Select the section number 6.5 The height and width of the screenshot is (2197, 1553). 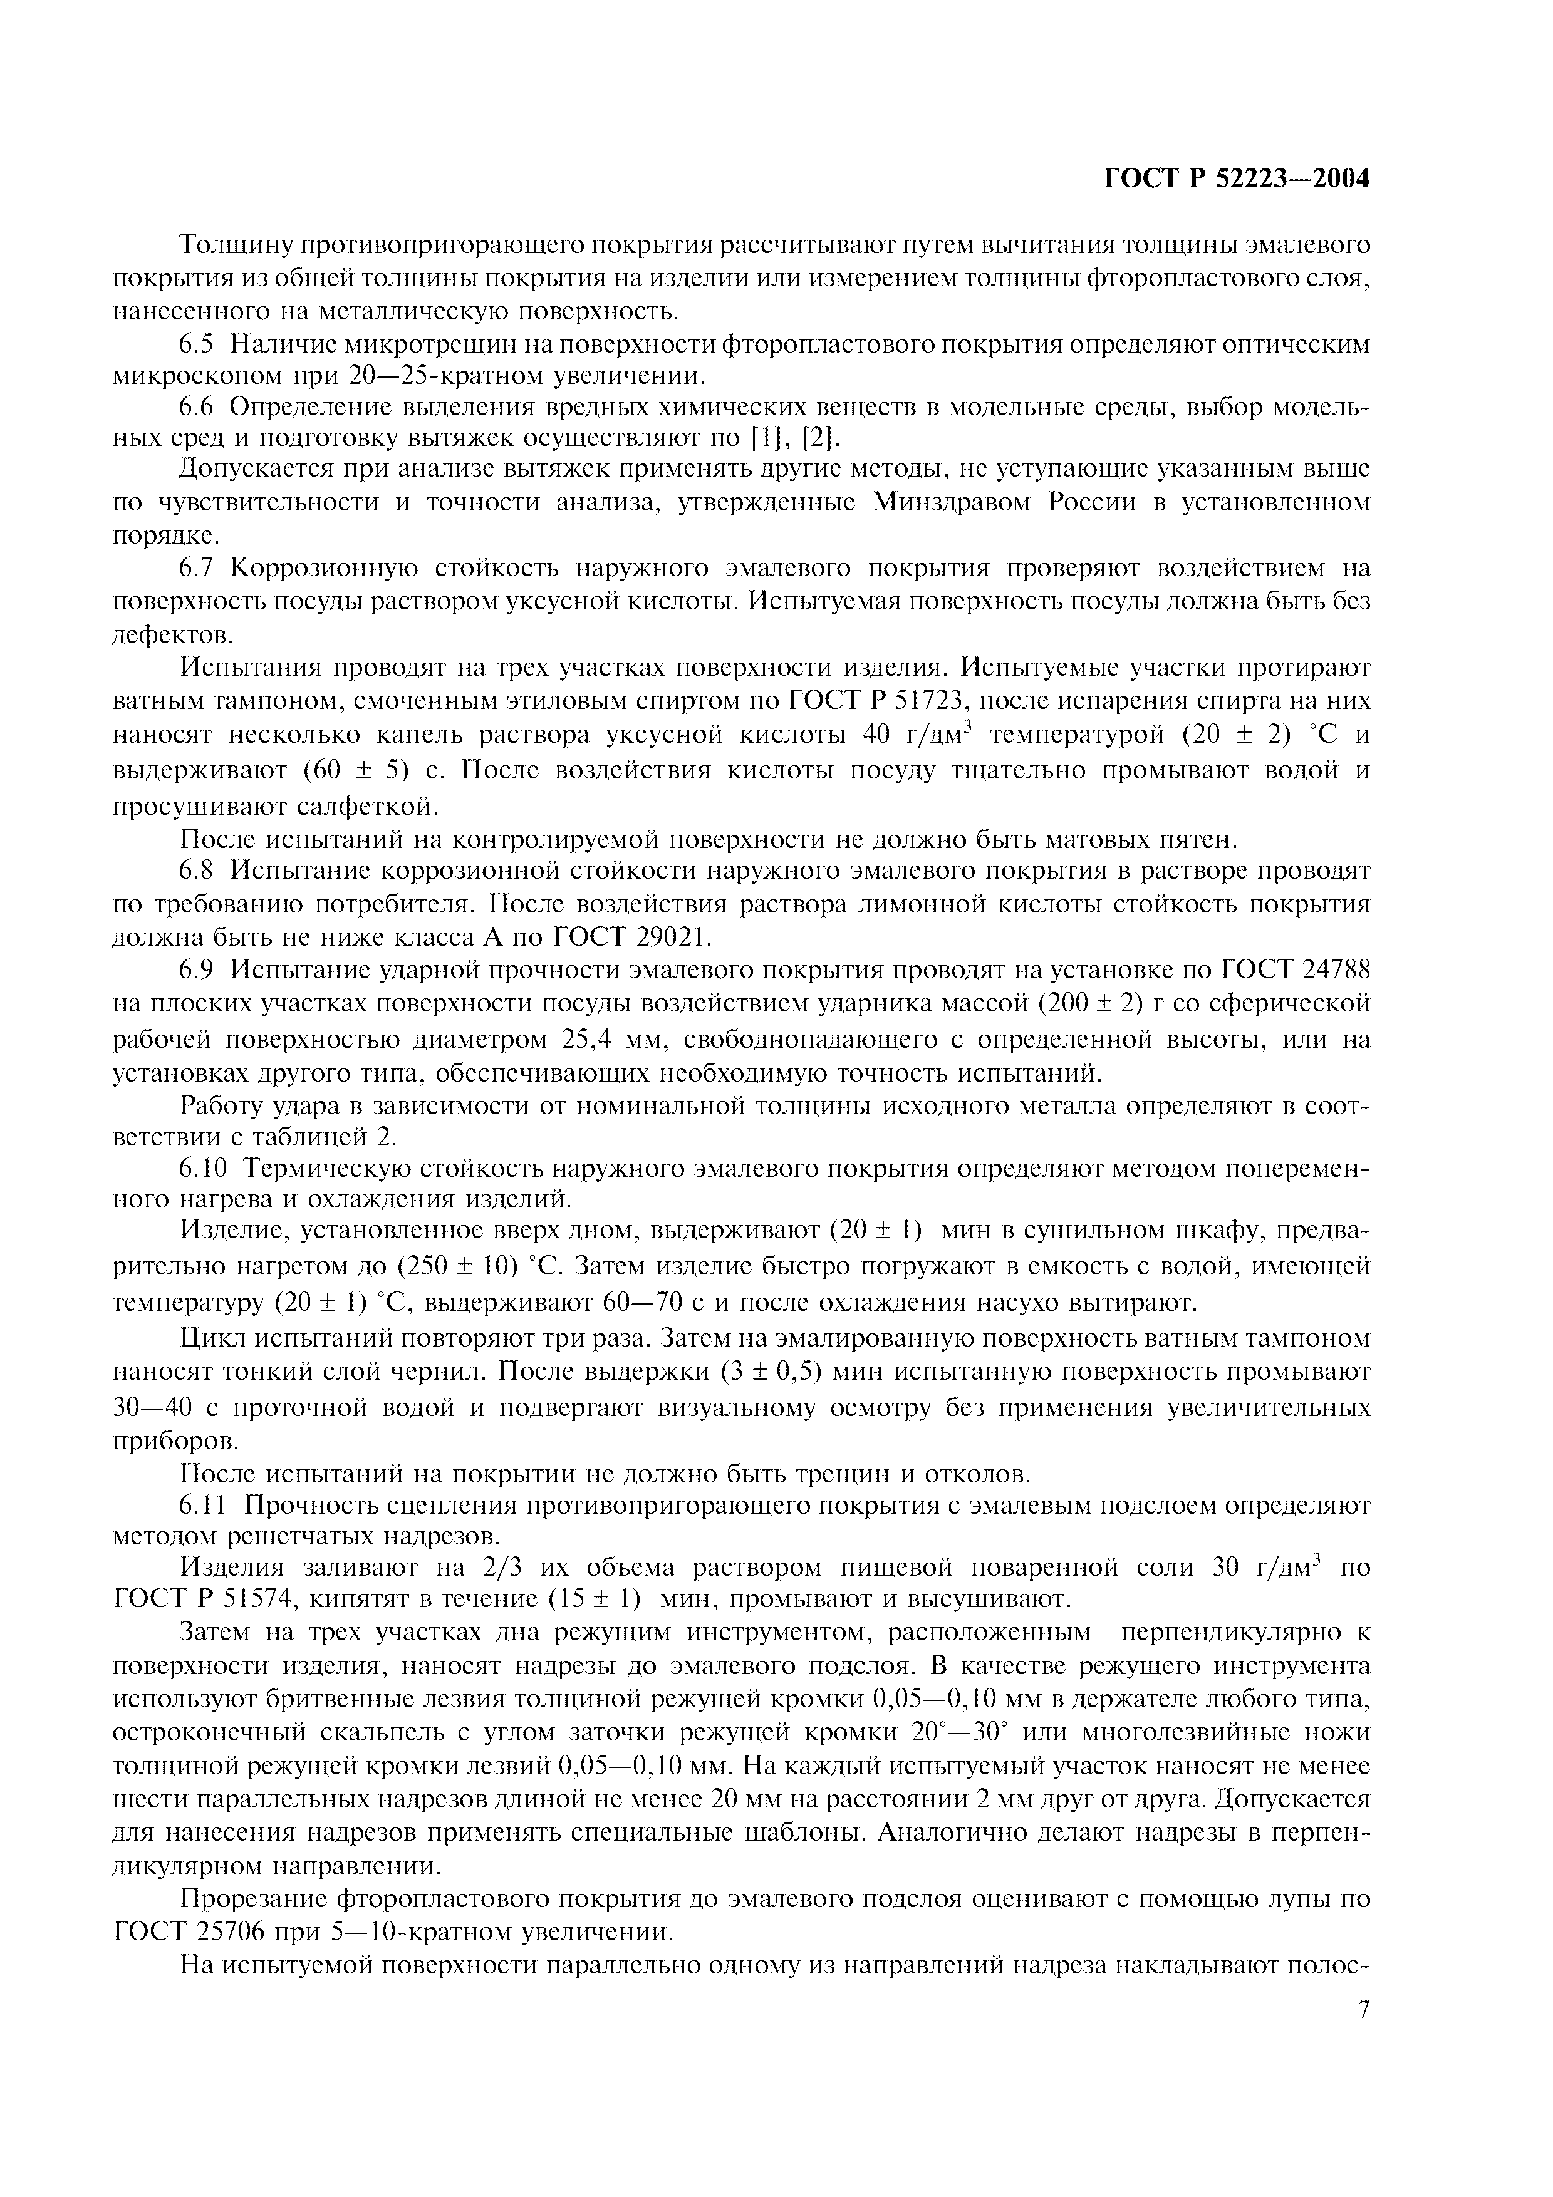[201, 344]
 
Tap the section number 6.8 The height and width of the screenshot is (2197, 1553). [201, 871]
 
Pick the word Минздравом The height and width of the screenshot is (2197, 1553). [951, 502]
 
